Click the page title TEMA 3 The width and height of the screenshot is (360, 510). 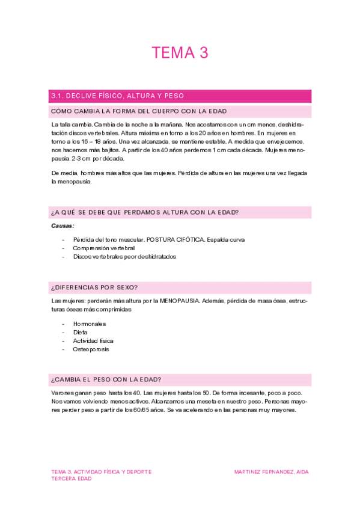[x=180, y=54]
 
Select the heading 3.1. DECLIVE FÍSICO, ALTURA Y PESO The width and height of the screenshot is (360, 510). [x=118, y=96]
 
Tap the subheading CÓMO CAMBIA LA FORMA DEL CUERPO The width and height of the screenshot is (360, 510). [x=129, y=111]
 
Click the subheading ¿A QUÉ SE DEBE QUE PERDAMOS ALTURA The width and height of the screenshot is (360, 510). [x=145, y=212]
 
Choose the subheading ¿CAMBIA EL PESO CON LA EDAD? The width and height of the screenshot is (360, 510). [x=106, y=379]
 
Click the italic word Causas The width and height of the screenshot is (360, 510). [x=63, y=226]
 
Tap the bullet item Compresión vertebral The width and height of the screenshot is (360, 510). [x=103, y=248]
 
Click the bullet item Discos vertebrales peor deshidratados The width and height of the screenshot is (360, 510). [x=124, y=256]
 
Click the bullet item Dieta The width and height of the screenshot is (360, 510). [x=80, y=332]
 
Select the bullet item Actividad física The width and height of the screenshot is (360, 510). [x=93, y=340]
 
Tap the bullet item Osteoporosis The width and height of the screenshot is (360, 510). [x=91, y=349]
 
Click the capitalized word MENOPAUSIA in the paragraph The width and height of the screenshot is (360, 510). [x=178, y=300]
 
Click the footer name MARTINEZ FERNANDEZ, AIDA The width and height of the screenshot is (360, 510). [x=271, y=472]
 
